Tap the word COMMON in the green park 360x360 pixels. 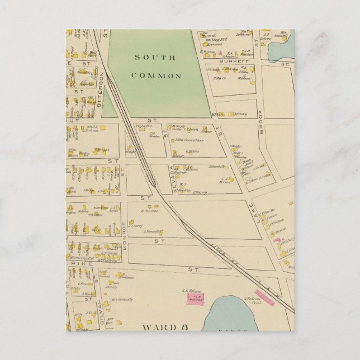[x=156, y=75]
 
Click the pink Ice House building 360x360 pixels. [x=195, y=299]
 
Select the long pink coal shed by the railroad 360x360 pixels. [x=264, y=297]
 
